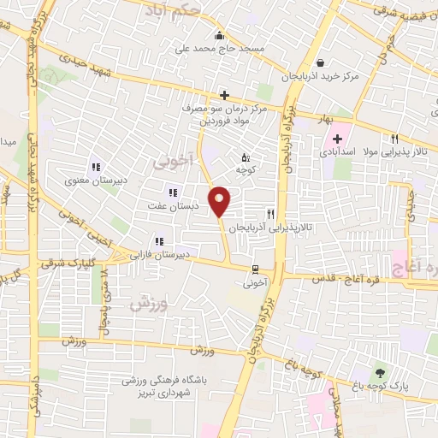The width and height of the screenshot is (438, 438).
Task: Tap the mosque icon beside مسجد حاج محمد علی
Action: [219, 36]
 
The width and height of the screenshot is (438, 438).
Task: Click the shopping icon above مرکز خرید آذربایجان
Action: [321, 62]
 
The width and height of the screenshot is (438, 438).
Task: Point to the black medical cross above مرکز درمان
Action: [224, 95]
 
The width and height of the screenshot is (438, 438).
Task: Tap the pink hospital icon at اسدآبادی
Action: [339, 139]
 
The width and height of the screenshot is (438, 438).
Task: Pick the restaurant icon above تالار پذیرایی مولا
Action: [394, 139]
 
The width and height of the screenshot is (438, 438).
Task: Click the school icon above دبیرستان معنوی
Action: [96, 168]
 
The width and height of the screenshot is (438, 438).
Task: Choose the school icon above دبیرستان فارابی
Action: [157, 242]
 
